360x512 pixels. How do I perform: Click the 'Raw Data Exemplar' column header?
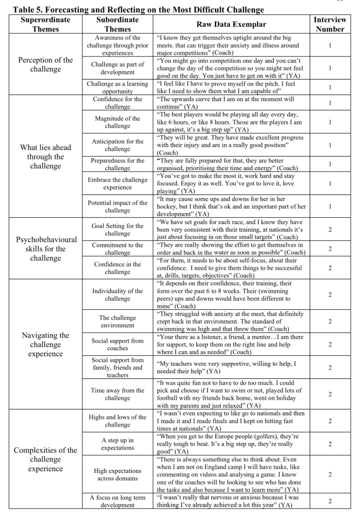(231, 24)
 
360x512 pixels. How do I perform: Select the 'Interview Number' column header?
(329, 24)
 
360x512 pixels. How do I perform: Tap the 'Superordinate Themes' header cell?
(45, 24)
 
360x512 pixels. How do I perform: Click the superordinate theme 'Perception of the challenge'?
(45, 65)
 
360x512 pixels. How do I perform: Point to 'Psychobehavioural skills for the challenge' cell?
(45, 249)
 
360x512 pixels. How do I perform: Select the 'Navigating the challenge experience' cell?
(45, 344)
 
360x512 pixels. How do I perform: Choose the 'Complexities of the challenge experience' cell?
(45, 459)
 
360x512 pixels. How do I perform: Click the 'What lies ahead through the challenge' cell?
(45, 157)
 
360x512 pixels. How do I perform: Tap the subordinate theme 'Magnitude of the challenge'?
(117, 122)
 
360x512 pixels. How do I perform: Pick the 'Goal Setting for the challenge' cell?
(117, 230)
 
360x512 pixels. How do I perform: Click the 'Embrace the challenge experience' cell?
(117, 184)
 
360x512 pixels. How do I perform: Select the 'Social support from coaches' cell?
(117, 344)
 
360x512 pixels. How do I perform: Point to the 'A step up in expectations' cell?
(117, 444)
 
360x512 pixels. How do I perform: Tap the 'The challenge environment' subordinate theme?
(117, 321)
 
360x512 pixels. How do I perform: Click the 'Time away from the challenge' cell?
(117, 394)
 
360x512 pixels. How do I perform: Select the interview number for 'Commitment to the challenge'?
(329, 249)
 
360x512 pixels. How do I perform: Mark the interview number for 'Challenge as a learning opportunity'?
(329, 87)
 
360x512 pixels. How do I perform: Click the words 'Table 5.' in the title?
(19, 10)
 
